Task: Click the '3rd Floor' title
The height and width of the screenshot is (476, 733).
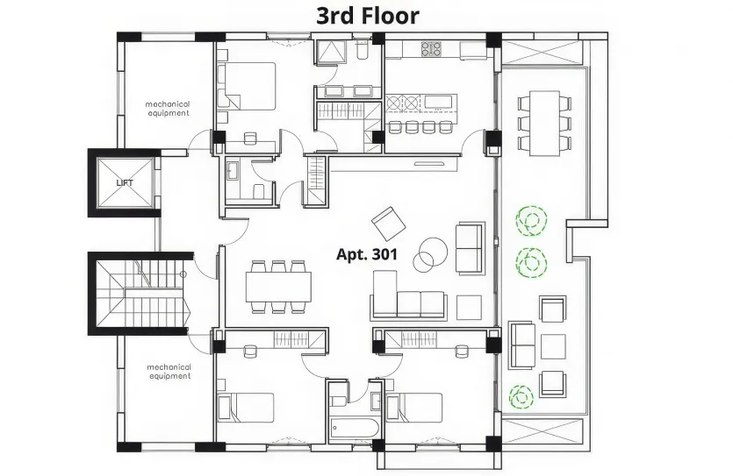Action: tap(367, 15)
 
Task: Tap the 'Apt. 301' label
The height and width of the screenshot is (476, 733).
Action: tap(367, 255)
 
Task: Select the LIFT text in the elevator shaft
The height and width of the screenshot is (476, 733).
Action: tap(126, 183)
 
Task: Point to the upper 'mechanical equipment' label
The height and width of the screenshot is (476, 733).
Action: tap(167, 109)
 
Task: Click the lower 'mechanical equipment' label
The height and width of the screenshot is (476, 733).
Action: tap(169, 372)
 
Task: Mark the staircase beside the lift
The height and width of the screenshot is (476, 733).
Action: tap(140, 294)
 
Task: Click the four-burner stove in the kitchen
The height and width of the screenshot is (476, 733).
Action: tap(431, 49)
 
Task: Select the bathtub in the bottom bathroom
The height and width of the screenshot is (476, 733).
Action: tap(355, 430)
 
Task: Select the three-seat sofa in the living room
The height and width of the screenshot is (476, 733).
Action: tap(408, 298)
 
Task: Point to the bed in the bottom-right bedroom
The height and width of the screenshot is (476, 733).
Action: tap(412, 409)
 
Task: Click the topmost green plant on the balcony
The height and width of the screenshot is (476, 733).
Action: tap(529, 221)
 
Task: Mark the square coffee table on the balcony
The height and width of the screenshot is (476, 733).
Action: tap(553, 346)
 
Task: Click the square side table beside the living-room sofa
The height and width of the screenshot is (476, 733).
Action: tap(470, 306)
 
